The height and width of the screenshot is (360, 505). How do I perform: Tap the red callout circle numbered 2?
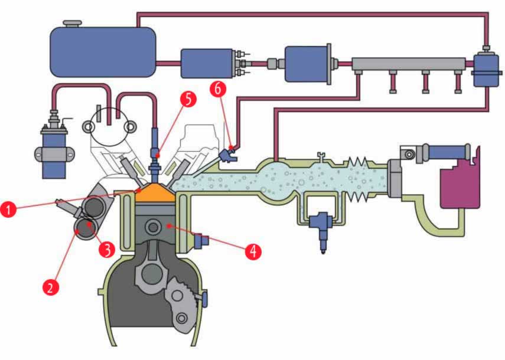coord(51,287)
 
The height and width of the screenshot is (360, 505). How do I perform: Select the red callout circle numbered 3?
coord(106,248)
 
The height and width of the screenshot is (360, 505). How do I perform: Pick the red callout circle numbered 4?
coord(253,251)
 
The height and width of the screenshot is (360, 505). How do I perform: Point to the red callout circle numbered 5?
coord(188,98)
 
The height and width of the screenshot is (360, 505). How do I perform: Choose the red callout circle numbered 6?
coord(218,90)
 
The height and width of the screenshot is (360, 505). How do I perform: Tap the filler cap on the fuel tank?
coord(72,24)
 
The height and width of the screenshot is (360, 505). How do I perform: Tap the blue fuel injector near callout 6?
coord(227,156)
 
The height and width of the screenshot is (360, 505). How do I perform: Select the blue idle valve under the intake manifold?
coord(321,227)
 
